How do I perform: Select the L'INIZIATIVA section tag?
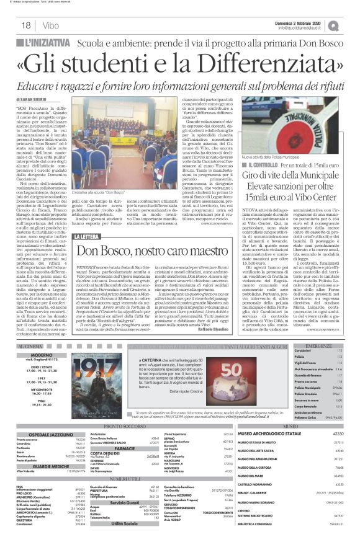43,43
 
